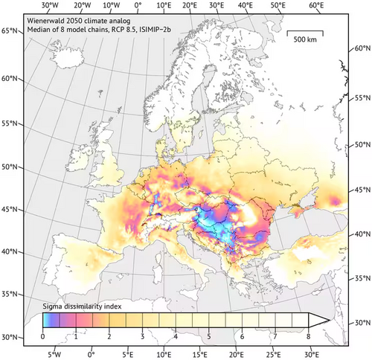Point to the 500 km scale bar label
click(x=305, y=38)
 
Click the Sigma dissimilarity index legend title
click(x=82, y=305)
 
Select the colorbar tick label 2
click(x=109, y=337)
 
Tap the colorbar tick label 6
click(x=240, y=337)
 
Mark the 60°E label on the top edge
click(x=317, y=6)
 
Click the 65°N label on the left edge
click(x=10, y=30)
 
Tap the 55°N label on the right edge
click(x=361, y=98)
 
